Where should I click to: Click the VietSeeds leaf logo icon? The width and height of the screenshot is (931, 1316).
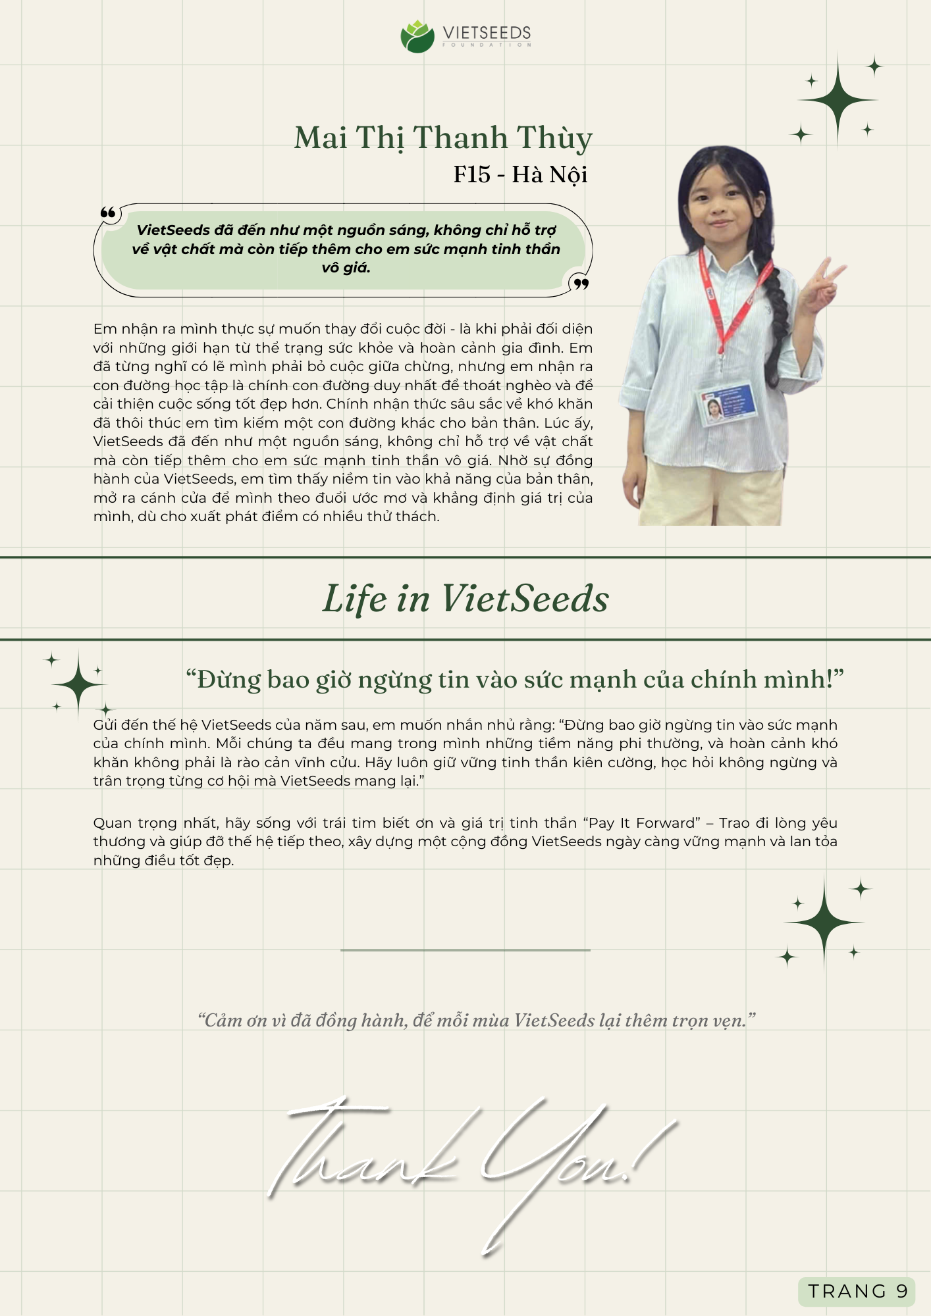pyautogui.click(x=417, y=37)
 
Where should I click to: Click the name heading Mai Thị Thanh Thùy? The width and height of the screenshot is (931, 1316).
pyautogui.click(x=443, y=138)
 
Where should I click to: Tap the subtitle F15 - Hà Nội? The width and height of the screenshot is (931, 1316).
pyautogui.click(x=520, y=174)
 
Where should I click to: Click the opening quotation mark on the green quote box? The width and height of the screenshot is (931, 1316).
pyautogui.click(x=108, y=213)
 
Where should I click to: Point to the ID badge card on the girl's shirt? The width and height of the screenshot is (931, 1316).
pyautogui.click(x=724, y=403)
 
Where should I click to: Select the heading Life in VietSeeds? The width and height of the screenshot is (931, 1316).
pyautogui.click(x=465, y=599)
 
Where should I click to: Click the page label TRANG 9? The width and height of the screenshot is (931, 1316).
pyautogui.click(x=857, y=1291)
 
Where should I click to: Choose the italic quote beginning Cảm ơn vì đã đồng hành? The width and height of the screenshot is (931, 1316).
pyautogui.click(x=477, y=1021)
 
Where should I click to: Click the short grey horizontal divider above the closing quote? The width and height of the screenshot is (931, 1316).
pyautogui.click(x=465, y=950)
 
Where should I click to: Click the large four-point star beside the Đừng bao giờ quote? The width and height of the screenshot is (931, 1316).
pyautogui.click(x=79, y=684)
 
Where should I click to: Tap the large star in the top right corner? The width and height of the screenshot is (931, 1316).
pyautogui.click(x=838, y=101)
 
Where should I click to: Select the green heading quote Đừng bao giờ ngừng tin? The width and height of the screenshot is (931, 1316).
pyautogui.click(x=514, y=679)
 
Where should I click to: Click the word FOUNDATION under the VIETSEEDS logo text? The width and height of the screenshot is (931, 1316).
pyautogui.click(x=487, y=45)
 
